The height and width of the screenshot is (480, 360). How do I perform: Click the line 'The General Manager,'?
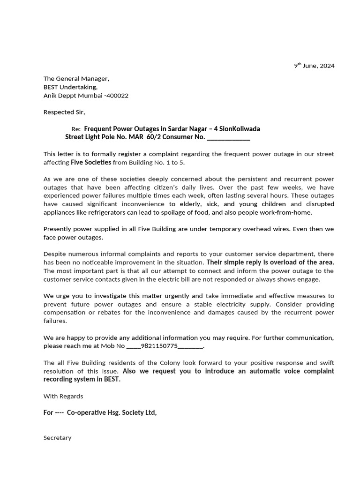click(76, 79)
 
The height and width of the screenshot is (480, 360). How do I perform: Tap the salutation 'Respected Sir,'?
click(64, 112)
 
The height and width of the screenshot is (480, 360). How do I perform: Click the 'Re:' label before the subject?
click(76, 129)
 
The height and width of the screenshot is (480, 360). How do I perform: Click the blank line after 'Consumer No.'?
click(228, 137)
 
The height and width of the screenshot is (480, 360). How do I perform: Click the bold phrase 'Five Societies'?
click(91, 162)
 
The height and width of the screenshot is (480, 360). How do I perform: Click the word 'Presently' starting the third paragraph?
click(58, 229)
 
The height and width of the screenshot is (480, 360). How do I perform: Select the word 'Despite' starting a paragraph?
click(54, 254)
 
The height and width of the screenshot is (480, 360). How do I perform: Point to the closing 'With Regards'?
click(63, 396)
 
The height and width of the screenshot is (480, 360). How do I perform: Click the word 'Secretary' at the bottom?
click(57, 438)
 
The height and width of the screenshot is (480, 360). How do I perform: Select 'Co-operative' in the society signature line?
click(86, 412)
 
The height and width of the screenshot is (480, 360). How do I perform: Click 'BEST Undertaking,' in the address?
click(70, 87)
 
